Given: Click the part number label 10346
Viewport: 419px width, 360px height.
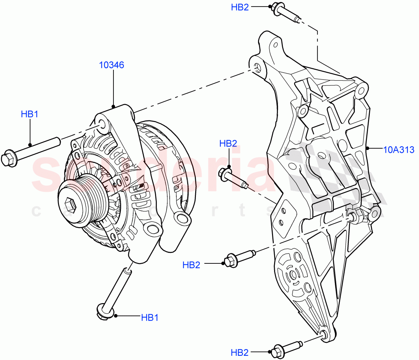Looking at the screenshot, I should tap(111, 65).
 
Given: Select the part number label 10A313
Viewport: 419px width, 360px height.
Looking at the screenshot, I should tap(399, 150).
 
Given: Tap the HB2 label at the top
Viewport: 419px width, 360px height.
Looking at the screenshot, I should tap(240, 7).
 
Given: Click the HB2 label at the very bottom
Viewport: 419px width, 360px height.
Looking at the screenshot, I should tap(240, 352).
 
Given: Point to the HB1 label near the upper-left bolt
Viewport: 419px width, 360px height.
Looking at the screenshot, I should tap(29, 114).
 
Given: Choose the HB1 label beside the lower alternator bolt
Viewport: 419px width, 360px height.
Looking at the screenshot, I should tap(150, 318).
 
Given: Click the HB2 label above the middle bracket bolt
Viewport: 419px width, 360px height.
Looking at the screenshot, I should tap(228, 143).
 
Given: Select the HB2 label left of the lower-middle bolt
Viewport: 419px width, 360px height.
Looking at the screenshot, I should tap(191, 265).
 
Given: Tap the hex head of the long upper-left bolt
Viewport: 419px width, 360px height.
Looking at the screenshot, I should tap(8, 159).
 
